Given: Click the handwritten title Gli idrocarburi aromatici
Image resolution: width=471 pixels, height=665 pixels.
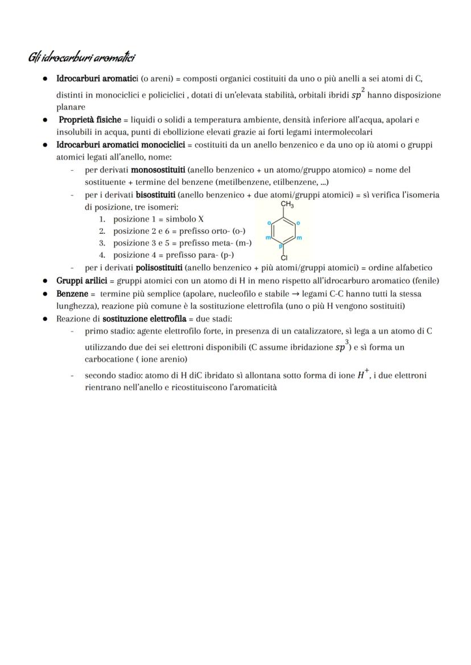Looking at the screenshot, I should pyautogui.click(x=81, y=57).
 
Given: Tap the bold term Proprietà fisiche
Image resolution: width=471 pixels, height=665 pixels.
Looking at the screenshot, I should pyautogui.click(x=89, y=120).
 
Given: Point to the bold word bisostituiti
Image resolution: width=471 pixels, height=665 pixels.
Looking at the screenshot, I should pyautogui.click(x=155, y=195).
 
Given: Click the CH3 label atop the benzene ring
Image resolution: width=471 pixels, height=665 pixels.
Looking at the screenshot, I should pyautogui.click(x=287, y=205).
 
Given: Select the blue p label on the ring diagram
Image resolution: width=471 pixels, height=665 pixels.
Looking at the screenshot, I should pyautogui.click(x=280, y=247).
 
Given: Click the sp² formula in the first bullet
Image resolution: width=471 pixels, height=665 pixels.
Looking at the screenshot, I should pyautogui.click(x=357, y=94).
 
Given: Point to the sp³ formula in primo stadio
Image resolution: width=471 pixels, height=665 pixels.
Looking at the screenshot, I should pyautogui.click(x=342, y=346).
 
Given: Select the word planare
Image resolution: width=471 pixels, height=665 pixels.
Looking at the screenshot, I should pyautogui.click(x=71, y=107).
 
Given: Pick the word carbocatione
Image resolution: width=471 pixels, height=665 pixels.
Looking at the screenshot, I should pyautogui.click(x=108, y=359).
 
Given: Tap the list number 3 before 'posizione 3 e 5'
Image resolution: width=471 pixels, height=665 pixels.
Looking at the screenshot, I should pyautogui.click(x=102, y=243).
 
